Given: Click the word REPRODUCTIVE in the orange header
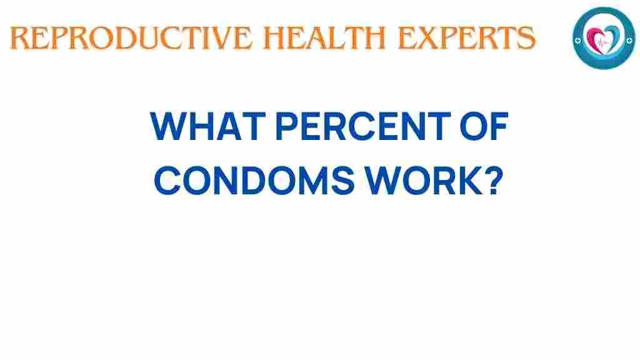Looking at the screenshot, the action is pos(131,37).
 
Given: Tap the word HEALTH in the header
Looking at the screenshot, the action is pos(325,37).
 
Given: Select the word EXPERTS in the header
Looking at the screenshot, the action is pos(466,37).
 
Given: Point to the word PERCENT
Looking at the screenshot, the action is pos(363,126).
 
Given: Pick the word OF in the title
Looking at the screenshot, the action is pos(484,126).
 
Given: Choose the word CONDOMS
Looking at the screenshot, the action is pos(254,181).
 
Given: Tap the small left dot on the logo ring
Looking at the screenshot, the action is pos(577,41).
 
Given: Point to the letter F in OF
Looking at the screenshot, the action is pos(499,126).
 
